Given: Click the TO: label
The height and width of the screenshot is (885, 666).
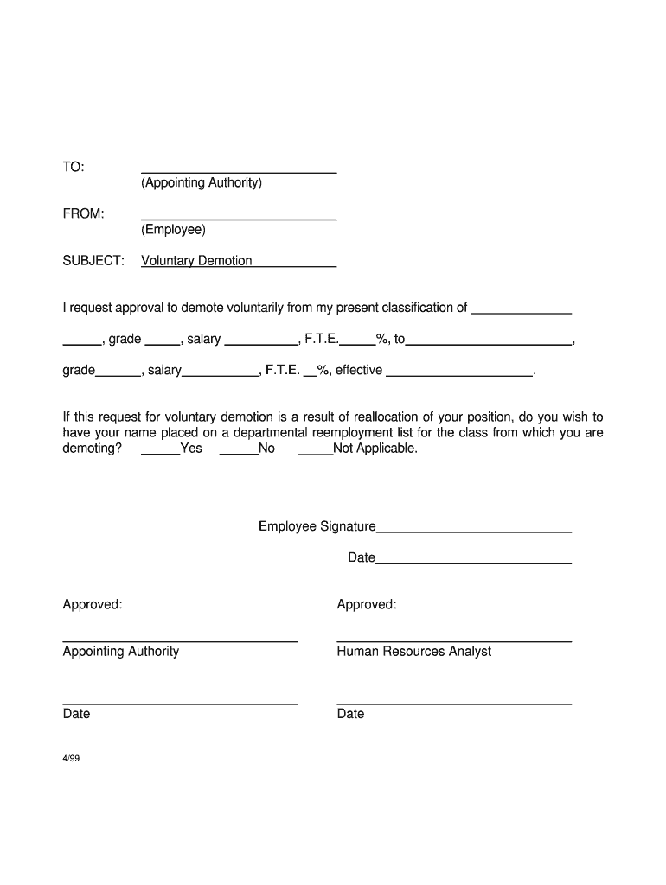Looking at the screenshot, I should click(x=74, y=167).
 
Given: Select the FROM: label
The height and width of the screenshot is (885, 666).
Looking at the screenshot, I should click(x=83, y=213).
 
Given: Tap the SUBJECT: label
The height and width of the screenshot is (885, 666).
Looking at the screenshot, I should click(x=93, y=261).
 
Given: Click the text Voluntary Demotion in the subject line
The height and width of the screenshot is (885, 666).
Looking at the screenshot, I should click(x=196, y=261).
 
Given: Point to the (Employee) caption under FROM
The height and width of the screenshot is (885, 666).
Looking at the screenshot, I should click(x=174, y=230).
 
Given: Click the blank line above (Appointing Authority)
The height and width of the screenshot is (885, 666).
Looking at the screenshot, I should click(x=239, y=172).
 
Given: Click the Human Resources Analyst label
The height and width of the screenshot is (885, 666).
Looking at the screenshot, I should click(x=413, y=652).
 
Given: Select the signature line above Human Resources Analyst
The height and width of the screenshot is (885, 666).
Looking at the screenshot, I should click(x=454, y=641).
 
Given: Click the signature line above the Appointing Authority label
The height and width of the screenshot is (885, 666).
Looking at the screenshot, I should click(x=180, y=641).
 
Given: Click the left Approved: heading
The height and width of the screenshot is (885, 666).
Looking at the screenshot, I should click(x=93, y=604).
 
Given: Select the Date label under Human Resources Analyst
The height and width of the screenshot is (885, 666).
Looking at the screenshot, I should click(x=350, y=714).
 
